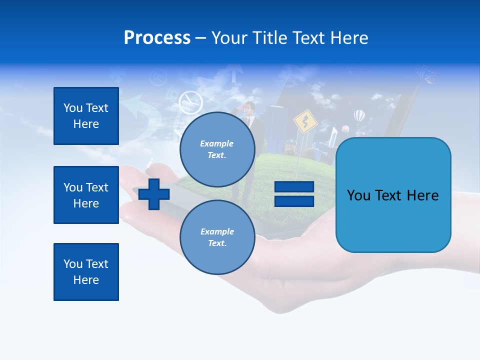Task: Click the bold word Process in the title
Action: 157,38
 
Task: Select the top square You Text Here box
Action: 86,116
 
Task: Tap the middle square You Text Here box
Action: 86,195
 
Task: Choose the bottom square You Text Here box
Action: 86,272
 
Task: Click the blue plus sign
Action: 154,194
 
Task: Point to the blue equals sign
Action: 294,194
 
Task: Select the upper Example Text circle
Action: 217,149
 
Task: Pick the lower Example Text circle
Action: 217,237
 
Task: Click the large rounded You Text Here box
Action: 393,195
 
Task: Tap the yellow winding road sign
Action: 302,121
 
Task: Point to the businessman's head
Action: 249,106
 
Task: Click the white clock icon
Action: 190,102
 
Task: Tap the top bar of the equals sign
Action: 294,187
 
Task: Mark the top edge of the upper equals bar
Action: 294,182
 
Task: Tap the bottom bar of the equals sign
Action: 294,201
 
